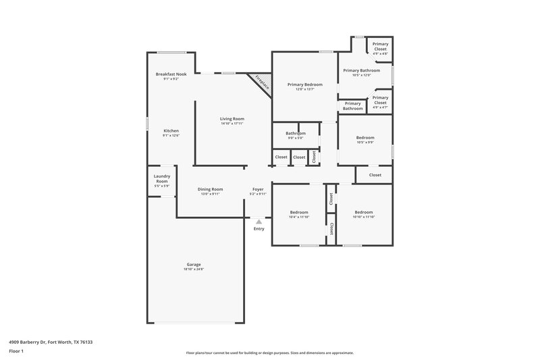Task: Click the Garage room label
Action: [x=194, y=264]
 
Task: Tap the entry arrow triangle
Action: [x=259, y=220]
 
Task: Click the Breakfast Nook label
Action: [x=170, y=74]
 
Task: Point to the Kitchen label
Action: [x=171, y=130]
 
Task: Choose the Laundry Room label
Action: [x=161, y=179]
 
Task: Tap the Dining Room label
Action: [x=210, y=189]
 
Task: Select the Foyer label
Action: [x=258, y=189]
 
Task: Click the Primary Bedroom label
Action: [x=304, y=84]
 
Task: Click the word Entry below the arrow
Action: [x=259, y=229]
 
